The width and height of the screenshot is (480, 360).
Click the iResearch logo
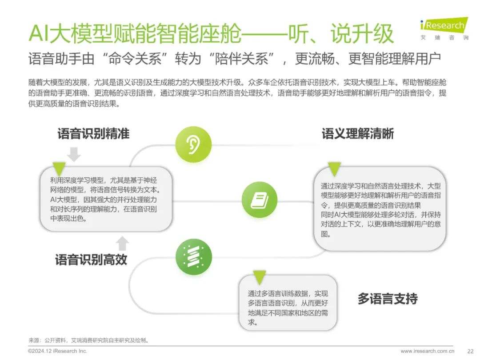(x=444, y=28)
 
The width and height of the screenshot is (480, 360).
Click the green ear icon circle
(x=193, y=144)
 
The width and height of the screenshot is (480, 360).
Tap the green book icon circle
(x=260, y=200)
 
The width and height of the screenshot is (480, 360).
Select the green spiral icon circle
(x=194, y=257)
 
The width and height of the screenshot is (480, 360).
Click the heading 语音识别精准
(x=93, y=134)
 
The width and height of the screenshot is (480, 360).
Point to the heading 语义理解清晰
(x=357, y=134)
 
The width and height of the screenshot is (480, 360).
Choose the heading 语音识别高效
(x=91, y=260)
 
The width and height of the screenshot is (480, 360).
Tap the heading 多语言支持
(x=388, y=299)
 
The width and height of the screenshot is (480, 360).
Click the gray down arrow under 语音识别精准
(x=74, y=154)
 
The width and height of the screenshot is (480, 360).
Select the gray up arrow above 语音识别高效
(x=123, y=244)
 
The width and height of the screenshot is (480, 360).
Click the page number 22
(x=471, y=351)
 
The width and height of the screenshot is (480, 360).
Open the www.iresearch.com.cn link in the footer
(x=428, y=351)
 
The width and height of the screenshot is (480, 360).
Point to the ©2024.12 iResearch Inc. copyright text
(x=57, y=351)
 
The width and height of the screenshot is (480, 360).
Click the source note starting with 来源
(x=88, y=340)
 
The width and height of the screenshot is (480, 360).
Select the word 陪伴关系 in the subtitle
(x=241, y=59)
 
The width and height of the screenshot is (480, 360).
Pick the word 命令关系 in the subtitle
(x=135, y=59)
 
